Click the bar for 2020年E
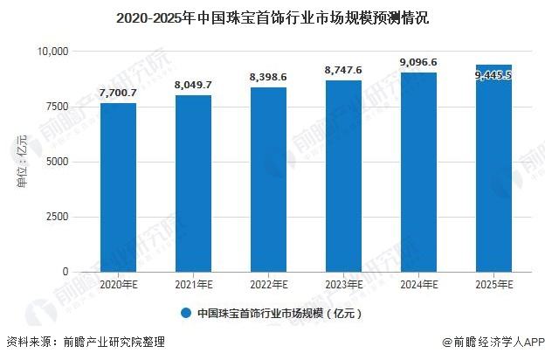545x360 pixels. point(118,188)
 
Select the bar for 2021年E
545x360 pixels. point(193,183)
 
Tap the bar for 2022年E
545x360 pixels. point(268,180)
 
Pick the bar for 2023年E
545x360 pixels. point(343,177)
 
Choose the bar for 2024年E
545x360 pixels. point(418,172)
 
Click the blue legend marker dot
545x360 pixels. point(186,312)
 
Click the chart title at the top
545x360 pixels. point(272,17)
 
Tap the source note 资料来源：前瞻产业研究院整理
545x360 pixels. point(85,343)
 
